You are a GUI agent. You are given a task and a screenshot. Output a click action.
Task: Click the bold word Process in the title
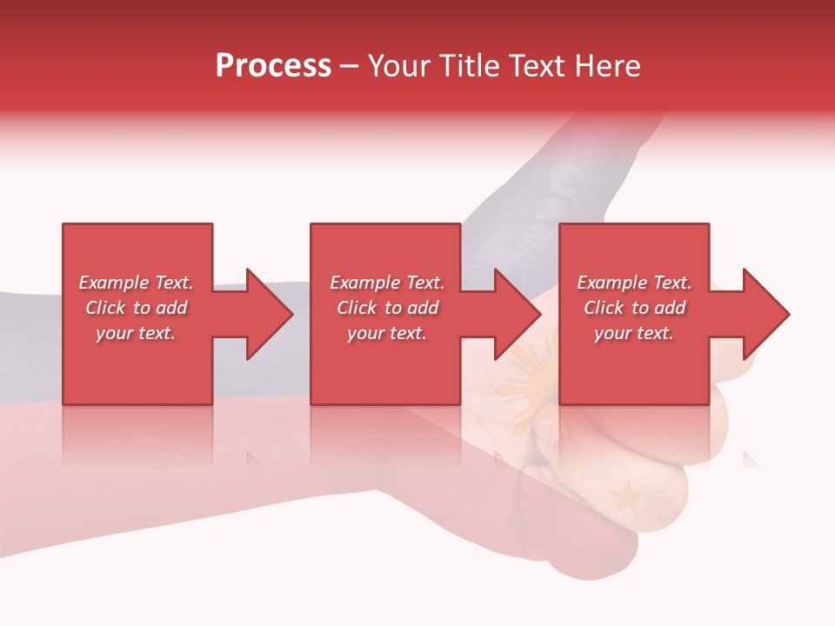273,65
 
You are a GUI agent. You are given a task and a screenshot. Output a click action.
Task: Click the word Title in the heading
470,65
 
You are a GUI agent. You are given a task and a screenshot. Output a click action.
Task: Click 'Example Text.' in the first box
136,283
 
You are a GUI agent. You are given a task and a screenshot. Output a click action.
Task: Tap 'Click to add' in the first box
136,308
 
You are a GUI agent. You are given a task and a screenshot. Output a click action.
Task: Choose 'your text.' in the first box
136,333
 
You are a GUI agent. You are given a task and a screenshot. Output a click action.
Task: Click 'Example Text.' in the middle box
387,283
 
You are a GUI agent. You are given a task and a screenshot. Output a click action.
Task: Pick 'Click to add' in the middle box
387,308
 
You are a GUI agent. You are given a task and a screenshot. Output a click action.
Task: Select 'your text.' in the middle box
387,333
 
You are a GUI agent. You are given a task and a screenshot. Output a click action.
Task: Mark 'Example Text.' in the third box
634,283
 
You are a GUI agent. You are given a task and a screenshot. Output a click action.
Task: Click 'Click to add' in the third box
634,308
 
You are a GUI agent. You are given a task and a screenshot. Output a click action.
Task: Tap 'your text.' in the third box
634,333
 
